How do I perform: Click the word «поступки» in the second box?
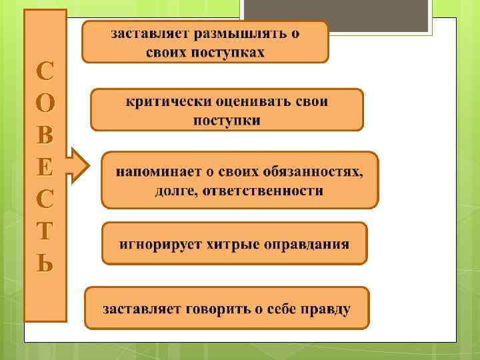(x=227, y=120)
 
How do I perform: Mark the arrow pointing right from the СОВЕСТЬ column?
(x=78, y=165)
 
